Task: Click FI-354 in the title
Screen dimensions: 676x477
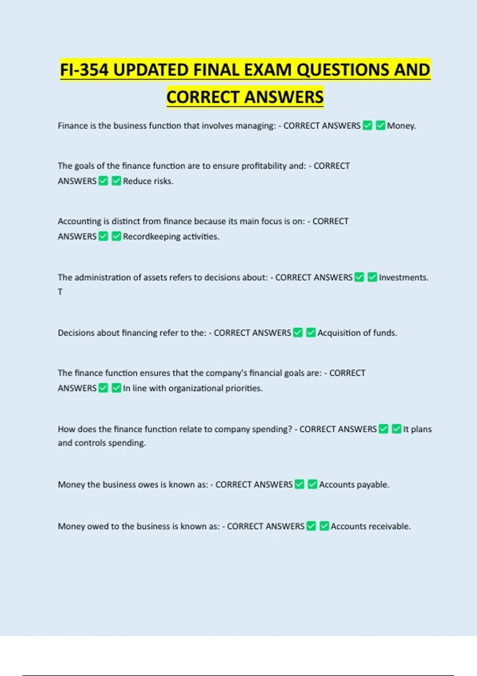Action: [84, 70]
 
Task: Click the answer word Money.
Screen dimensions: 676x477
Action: [401, 126]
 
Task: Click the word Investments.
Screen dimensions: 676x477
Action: [403, 278]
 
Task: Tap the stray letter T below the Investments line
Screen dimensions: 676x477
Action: [60, 292]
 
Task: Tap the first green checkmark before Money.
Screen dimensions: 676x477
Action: [368, 126]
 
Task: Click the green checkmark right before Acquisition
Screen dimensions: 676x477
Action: [311, 332]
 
